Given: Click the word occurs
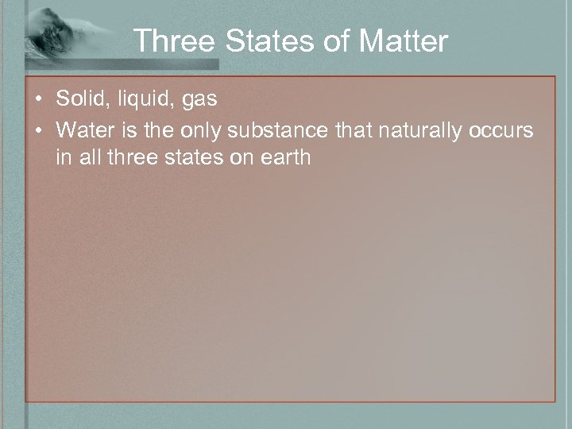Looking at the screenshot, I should pos(502,129).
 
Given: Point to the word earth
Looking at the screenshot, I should pos(288,157).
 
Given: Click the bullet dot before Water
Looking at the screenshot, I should pos(39,129).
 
